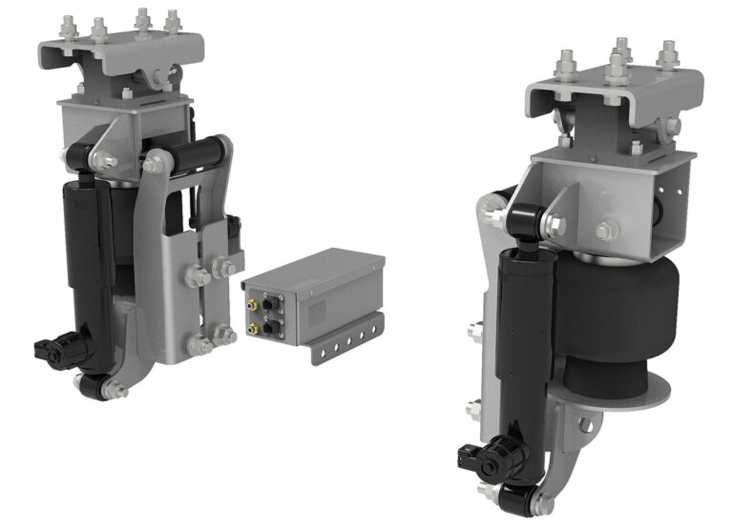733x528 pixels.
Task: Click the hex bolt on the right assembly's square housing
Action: tap(605, 230)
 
